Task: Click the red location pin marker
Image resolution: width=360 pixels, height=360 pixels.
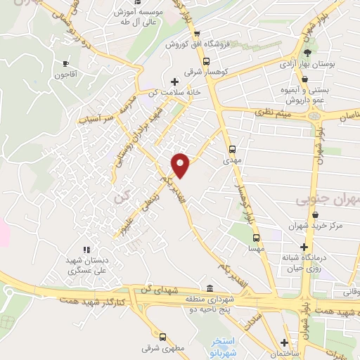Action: click(181, 164)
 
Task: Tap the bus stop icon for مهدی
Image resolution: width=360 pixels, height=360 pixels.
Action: click(233, 149)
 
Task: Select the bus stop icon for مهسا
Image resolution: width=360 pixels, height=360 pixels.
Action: click(256, 238)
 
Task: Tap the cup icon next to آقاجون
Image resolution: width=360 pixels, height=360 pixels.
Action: click(66, 63)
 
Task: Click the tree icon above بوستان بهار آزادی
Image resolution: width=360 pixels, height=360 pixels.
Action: click(307, 53)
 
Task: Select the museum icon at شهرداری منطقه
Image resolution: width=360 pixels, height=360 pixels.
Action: click(210, 288)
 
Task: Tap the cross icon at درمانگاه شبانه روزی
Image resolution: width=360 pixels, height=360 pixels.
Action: click(303, 247)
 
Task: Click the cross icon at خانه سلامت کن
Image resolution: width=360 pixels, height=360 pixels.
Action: click(174, 82)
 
